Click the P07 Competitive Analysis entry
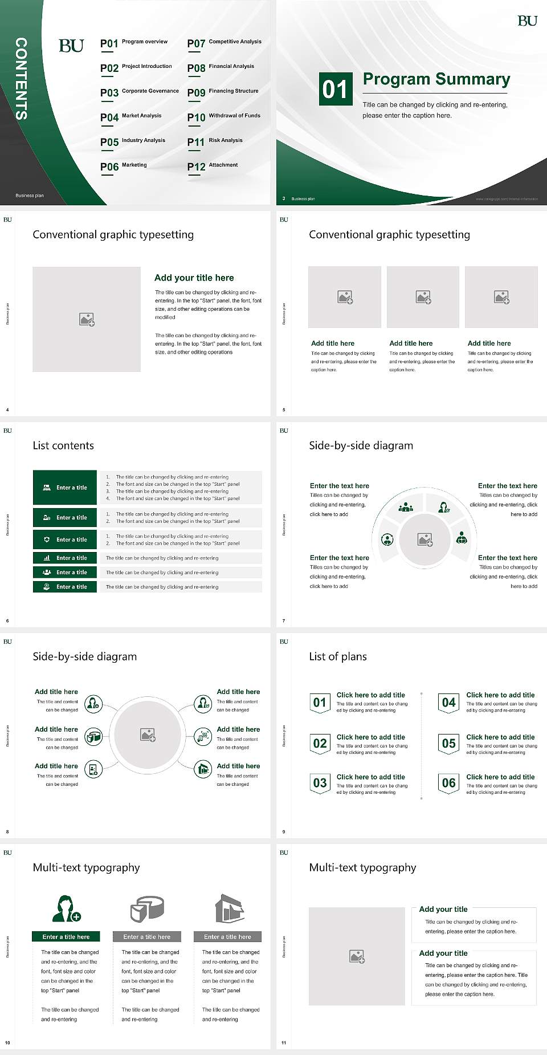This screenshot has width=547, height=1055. pyautogui.click(x=224, y=43)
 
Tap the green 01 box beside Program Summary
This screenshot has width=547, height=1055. pyautogui.click(x=334, y=89)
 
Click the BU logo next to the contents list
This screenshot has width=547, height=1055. pyautogui.click(x=71, y=46)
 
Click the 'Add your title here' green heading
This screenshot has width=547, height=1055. pyautogui.click(x=194, y=278)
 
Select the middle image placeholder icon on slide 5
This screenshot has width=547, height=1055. pyautogui.click(x=423, y=297)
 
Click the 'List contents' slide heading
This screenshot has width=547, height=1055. pyautogui.click(x=63, y=445)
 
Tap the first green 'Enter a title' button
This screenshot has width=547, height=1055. pyautogui.click(x=65, y=488)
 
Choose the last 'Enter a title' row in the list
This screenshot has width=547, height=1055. pyautogui.click(x=65, y=587)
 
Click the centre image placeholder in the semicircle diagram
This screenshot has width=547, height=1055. pyautogui.click(x=425, y=539)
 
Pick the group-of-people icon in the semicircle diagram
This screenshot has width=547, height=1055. pyautogui.click(x=406, y=506)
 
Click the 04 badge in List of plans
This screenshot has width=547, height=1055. pyautogui.click(x=449, y=703)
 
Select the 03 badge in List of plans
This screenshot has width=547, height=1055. pyautogui.click(x=320, y=783)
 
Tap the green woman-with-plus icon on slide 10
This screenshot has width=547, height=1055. pyautogui.click(x=66, y=909)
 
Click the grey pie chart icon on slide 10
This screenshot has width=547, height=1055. pyautogui.click(x=147, y=908)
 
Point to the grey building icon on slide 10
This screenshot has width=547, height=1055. pyautogui.click(x=229, y=908)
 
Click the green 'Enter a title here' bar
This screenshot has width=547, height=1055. pyautogui.click(x=66, y=936)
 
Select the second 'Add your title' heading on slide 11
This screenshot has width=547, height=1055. pyautogui.click(x=443, y=953)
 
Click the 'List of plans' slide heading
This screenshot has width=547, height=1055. pyautogui.click(x=338, y=656)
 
